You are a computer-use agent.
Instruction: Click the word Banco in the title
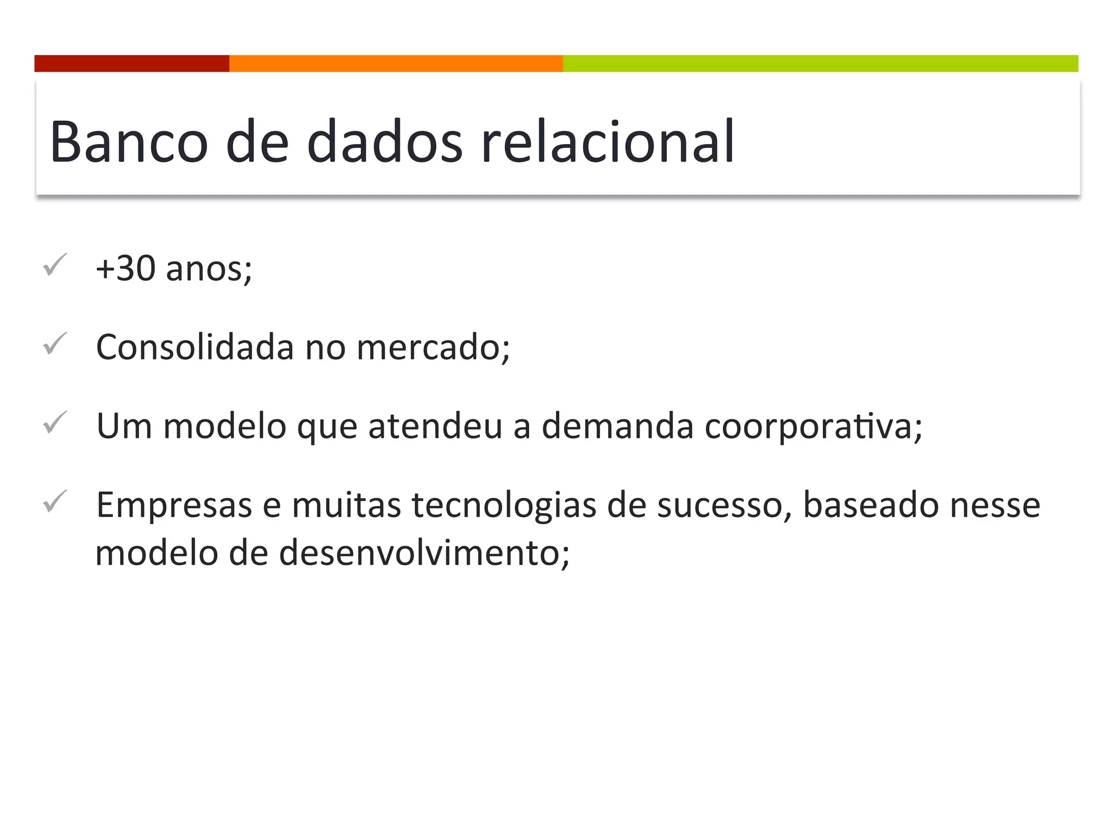point(128,142)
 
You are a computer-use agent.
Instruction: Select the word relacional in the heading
point(608,142)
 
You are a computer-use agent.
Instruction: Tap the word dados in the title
point(384,142)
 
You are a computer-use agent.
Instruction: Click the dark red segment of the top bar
point(132,64)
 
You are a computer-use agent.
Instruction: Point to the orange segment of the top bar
point(396,64)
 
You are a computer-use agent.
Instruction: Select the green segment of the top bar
point(820,64)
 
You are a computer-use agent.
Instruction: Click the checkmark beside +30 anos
point(55,265)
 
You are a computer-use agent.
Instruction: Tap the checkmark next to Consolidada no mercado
point(55,344)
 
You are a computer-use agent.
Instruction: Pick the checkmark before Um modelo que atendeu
point(55,422)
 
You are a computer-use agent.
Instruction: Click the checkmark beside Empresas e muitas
point(55,501)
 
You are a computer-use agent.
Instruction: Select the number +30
point(126,269)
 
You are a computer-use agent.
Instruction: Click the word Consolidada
point(195,347)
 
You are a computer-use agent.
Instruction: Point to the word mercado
point(433,348)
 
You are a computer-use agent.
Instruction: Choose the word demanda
point(617,426)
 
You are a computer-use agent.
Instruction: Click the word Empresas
point(174,506)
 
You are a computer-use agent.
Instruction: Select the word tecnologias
point(503,506)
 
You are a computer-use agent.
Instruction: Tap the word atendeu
point(435,426)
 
